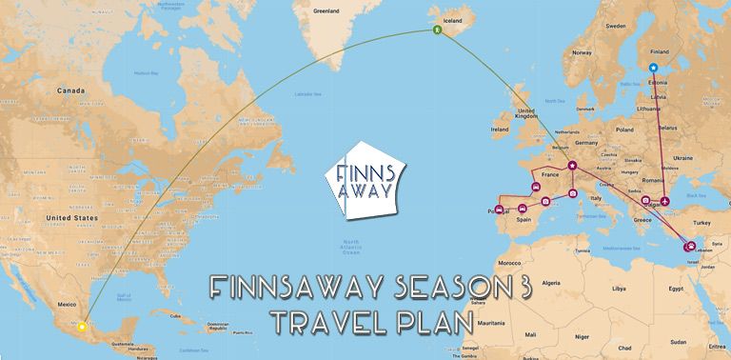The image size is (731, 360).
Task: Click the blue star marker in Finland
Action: click(653, 68)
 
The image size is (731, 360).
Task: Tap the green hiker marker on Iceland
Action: click(438, 30)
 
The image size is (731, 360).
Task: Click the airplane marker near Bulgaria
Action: click(664, 201)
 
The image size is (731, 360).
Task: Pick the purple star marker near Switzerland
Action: click(572, 169)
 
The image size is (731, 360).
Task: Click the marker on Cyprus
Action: click(689, 248)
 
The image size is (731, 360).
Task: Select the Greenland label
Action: click(326, 11)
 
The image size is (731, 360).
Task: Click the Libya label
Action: click(619, 288)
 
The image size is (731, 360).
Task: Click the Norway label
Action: click(583, 53)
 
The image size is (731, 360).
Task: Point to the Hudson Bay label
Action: click(147, 72)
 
